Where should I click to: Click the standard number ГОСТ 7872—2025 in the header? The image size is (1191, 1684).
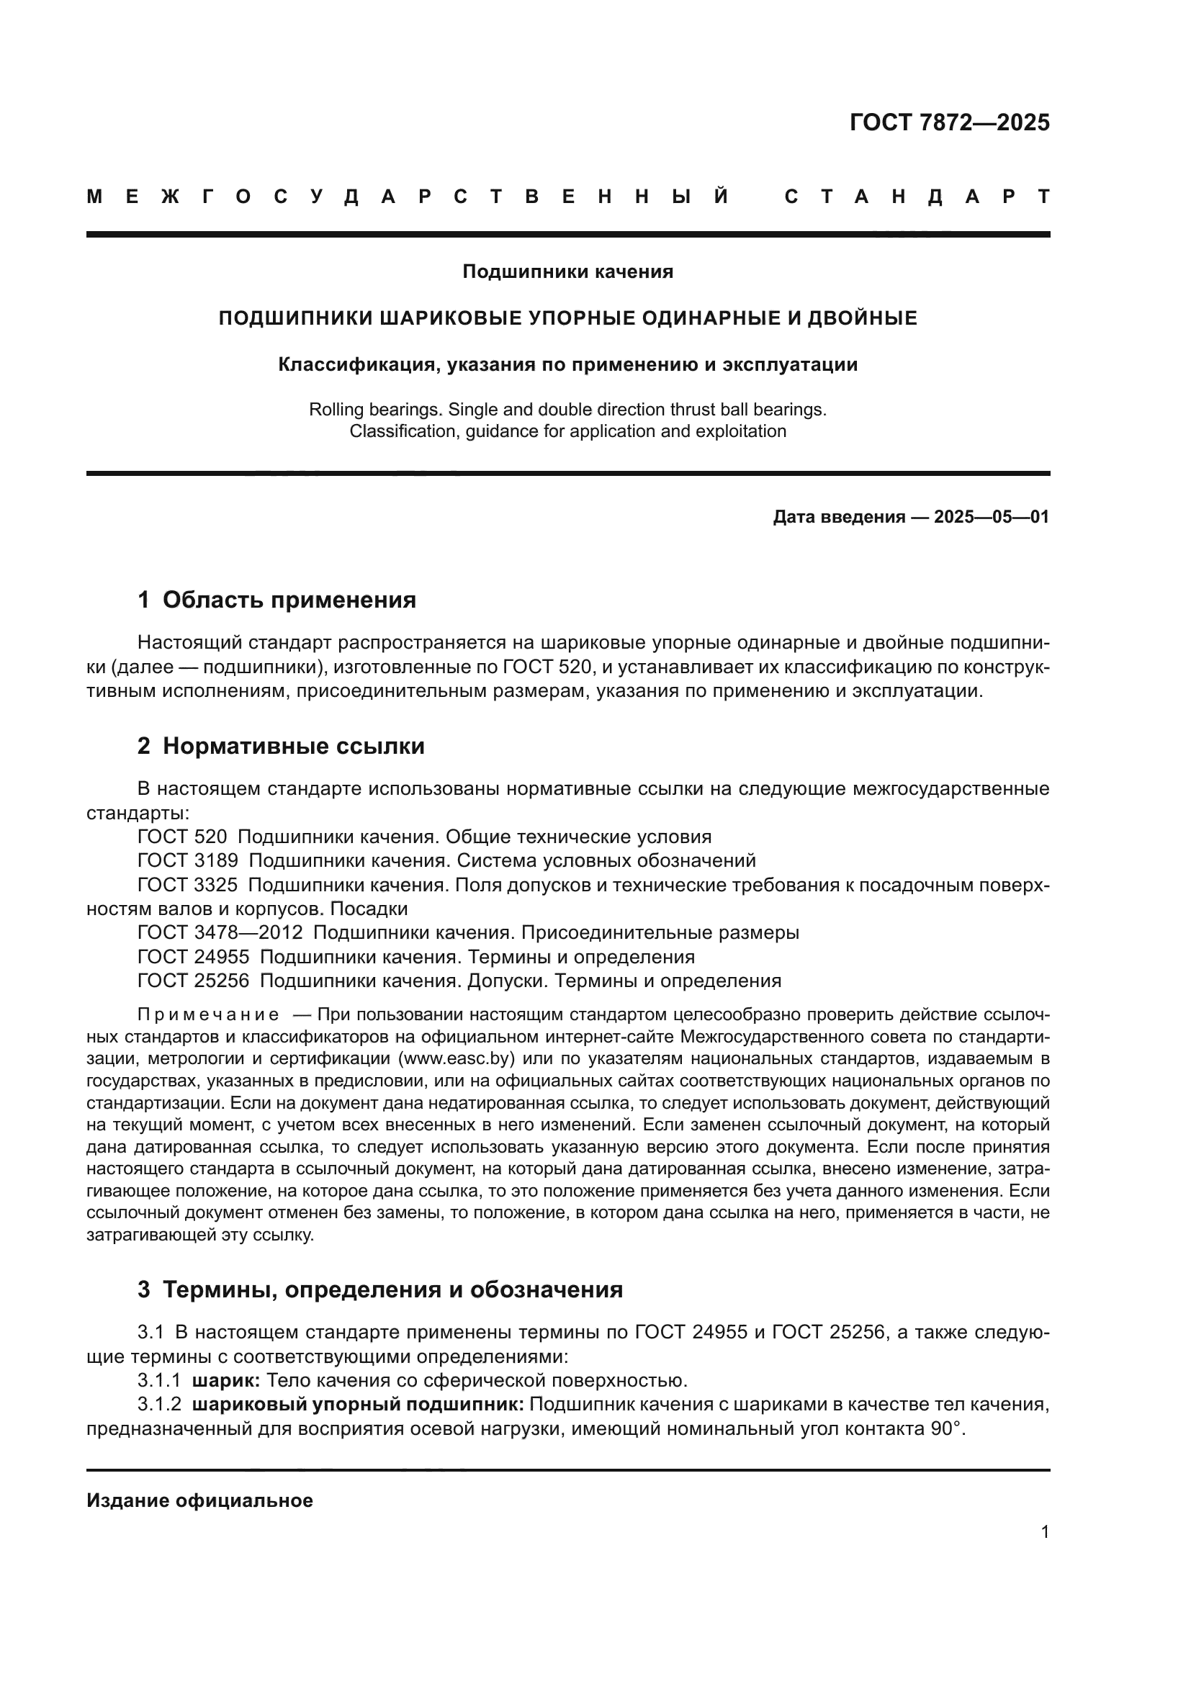[x=949, y=122]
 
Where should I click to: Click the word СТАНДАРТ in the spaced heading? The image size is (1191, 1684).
[x=917, y=197]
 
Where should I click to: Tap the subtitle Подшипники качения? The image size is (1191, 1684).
[x=567, y=272]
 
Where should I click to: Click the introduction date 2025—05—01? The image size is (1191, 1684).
[x=991, y=517]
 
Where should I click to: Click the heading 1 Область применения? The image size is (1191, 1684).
[x=277, y=600]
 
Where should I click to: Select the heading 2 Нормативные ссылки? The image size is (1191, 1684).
[x=281, y=746]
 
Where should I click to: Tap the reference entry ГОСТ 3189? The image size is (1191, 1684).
[x=187, y=860]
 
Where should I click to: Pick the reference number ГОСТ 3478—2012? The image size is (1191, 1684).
[x=220, y=933]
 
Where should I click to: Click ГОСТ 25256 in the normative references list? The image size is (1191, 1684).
[x=193, y=981]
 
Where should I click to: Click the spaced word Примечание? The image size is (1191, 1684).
[x=207, y=1015]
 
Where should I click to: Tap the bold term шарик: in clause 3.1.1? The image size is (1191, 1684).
[x=225, y=1381]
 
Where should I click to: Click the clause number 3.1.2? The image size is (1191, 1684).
[x=158, y=1405]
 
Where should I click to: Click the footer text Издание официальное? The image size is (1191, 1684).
[x=199, y=1500]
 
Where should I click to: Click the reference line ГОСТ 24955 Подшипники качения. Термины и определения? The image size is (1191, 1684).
[x=415, y=957]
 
